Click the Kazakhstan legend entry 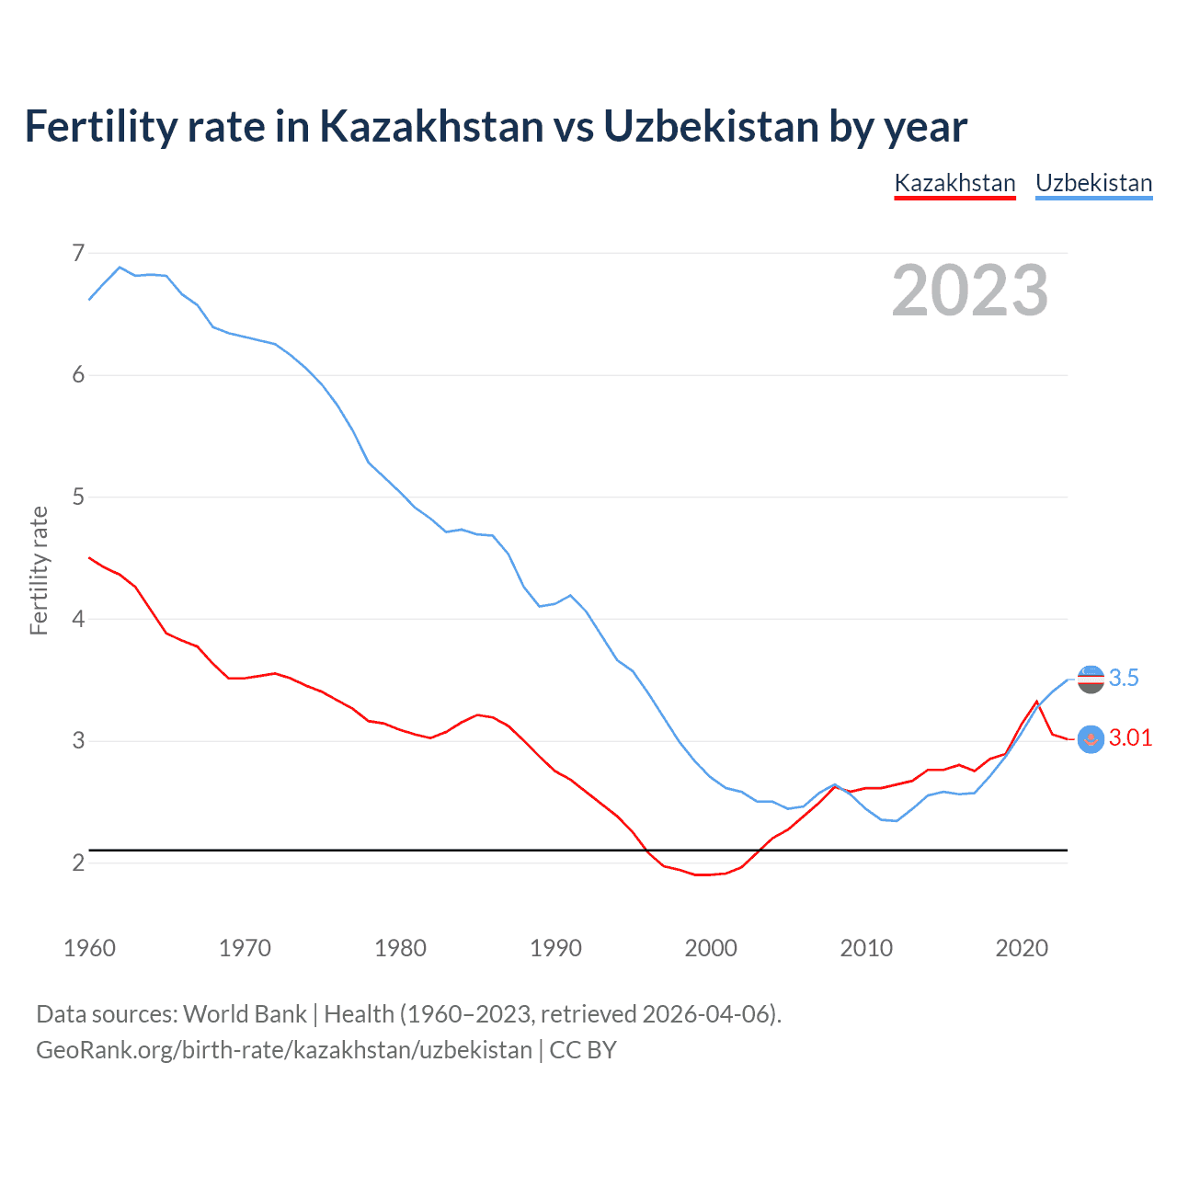954,183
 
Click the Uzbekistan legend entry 1093,183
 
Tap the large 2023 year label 970,291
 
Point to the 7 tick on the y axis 78,252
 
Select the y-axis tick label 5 78,497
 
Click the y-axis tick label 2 78,863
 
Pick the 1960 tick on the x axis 89,948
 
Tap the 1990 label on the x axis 555,948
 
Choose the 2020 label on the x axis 1022,948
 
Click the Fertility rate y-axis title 39,570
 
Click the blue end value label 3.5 1124,679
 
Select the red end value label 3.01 1130,738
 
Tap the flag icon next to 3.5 1091,680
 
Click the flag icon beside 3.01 1091,739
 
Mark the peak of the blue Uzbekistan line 120,267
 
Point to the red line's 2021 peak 1037,702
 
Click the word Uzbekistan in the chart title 711,126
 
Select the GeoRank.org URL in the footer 284,1050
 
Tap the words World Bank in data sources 245,1014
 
